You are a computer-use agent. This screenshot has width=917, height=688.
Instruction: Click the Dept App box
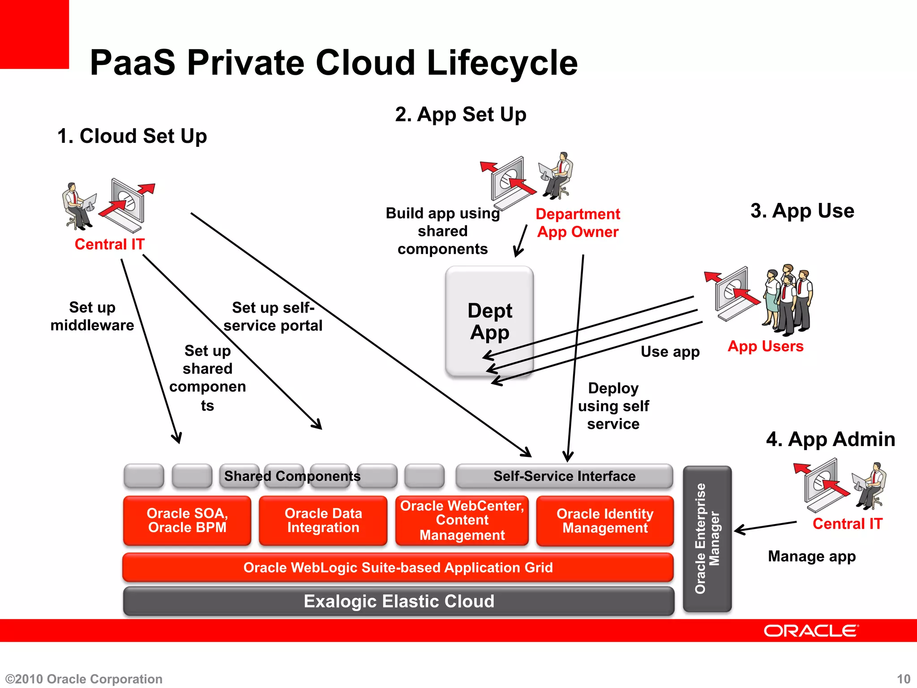(x=489, y=322)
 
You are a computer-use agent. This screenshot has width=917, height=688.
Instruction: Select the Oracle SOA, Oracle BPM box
(x=187, y=520)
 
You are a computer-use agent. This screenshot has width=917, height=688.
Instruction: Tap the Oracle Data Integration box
(x=323, y=520)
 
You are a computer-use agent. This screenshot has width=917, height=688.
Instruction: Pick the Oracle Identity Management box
(x=604, y=521)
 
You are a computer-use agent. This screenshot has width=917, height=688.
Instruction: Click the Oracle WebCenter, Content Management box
(x=462, y=520)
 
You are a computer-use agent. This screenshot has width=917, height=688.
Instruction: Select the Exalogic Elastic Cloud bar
(x=399, y=601)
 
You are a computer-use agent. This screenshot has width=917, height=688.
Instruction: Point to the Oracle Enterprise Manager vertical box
(x=707, y=539)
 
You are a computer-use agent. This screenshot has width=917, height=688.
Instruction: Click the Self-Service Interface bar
(x=564, y=476)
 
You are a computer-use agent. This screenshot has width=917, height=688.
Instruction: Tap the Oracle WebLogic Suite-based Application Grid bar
(x=398, y=568)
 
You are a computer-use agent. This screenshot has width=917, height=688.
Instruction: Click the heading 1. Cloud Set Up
(x=132, y=136)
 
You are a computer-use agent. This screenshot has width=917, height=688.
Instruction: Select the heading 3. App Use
(x=802, y=211)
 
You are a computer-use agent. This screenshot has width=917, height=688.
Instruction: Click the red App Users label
(x=765, y=346)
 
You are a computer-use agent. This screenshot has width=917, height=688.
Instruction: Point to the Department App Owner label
(x=578, y=223)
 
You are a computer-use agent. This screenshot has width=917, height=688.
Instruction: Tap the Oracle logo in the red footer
(x=811, y=631)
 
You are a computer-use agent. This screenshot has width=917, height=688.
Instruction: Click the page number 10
(x=903, y=679)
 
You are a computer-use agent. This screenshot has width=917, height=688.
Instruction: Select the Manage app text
(x=811, y=556)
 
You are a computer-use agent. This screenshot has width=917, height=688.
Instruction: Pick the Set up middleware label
(x=92, y=316)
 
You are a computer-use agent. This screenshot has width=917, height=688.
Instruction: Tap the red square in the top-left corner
(x=34, y=34)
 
